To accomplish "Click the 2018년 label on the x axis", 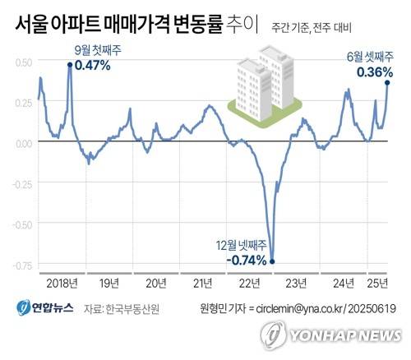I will (62, 284).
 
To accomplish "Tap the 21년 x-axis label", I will (201, 284).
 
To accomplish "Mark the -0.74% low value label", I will (246, 261).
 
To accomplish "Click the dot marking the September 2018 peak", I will (69, 64).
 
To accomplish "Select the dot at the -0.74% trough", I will (272, 262).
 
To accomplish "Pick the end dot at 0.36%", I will (387, 82).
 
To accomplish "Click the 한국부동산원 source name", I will (132, 310).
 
